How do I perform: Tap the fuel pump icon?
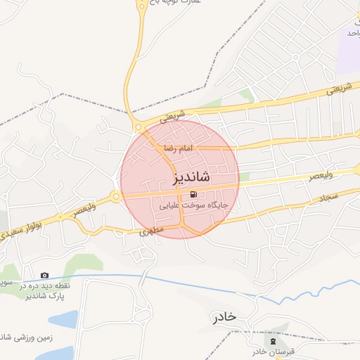click(x=193, y=195)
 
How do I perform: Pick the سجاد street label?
click(x=333, y=199)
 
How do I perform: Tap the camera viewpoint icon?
click(x=45, y=275)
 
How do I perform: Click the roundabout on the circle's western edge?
click(x=115, y=198)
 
